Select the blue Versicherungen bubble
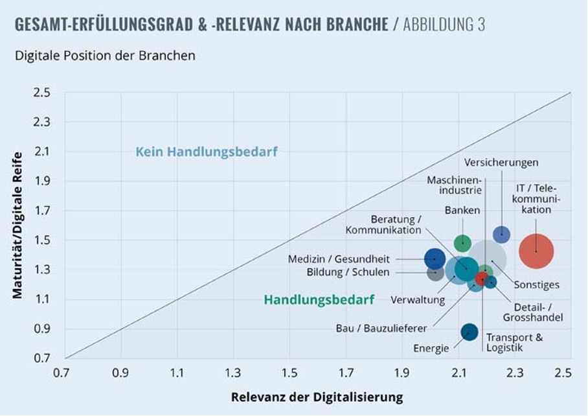[501, 235]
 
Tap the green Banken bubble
[462, 243]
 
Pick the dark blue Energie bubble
[469, 332]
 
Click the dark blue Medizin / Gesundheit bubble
[435, 259]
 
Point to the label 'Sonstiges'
[537, 285]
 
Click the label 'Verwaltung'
[418, 300]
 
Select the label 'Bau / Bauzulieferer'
[381, 327]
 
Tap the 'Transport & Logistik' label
[514, 343]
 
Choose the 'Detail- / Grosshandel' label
[532, 312]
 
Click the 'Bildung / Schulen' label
[348, 272]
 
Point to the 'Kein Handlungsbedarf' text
[207, 152]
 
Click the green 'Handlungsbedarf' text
[319, 300]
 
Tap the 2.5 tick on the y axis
[42, 93]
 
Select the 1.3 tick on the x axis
[232, 373]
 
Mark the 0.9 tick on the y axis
[42, 329]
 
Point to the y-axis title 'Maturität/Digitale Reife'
[17, 225]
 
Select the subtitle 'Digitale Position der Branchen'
[105, 56]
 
